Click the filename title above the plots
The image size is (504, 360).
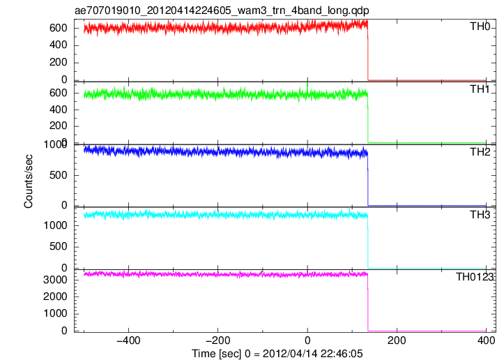pyautogui.click(x=222, y=10)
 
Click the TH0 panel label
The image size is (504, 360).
pyautogui.click(x=480, y=27)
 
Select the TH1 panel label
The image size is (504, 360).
pyautogui.click(x=480, y=89)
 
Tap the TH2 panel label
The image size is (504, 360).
pyautogui.click(x=480, y=152)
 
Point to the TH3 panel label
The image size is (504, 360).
pyautogui.click(x=480, y=215)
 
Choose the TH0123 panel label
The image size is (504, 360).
pyautogui.click(x=475, y=277)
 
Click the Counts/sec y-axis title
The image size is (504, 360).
pyautogui.click(x=29, y=181)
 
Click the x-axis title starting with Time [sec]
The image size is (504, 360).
pyautogui.click(x=277, y=354)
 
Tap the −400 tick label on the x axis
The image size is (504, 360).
pyautogui.click(x=128, y=340)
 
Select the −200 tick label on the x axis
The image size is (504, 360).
pyautogui.click(x=217, y=340)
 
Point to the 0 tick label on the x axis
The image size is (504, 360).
pyautogui.click(x=307, y=340)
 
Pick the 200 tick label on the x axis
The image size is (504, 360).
pyautogui.click(x=397, y=340)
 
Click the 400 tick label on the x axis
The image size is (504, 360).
pyautogui.click(x=486, y=340)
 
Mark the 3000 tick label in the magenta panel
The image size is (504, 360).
pyautogui.click(x=55, y=280)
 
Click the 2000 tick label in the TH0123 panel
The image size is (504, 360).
pyautogui.click(x=55, y=297)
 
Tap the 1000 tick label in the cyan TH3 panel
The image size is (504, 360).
pyautogui.click(x=55, y=225)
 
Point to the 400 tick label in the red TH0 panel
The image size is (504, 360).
pyautogui.click(x=58, y=45)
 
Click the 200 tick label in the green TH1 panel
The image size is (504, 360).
pyautogui.click(x=58, y=126)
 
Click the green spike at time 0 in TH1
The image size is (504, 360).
pyautogui.click(x=307, y=87)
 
